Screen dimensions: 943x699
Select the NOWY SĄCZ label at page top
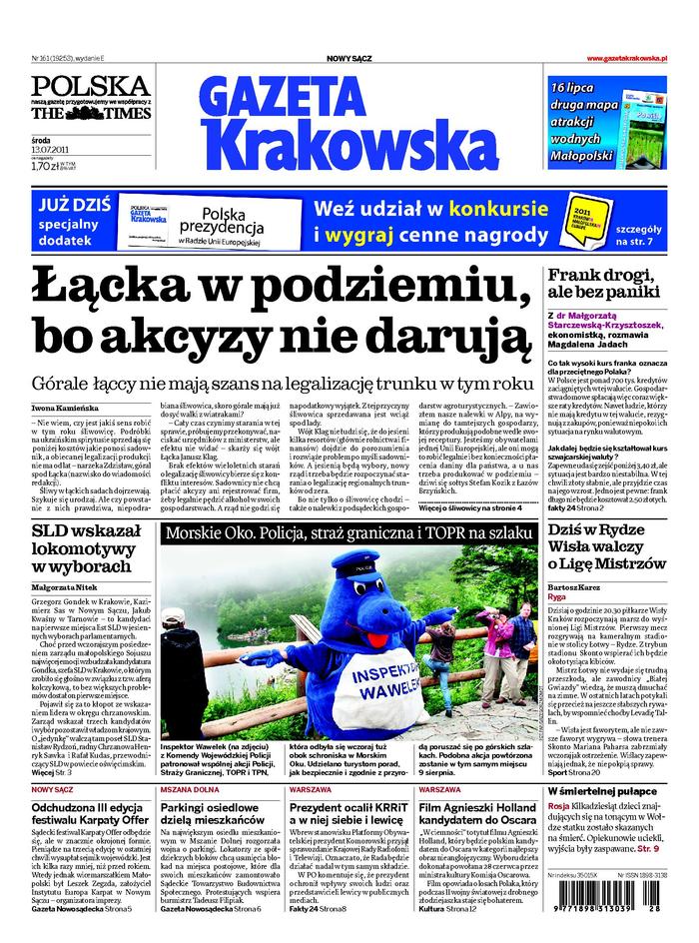click(349, 60)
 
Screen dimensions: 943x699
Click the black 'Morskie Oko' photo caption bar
click(348, 534)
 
